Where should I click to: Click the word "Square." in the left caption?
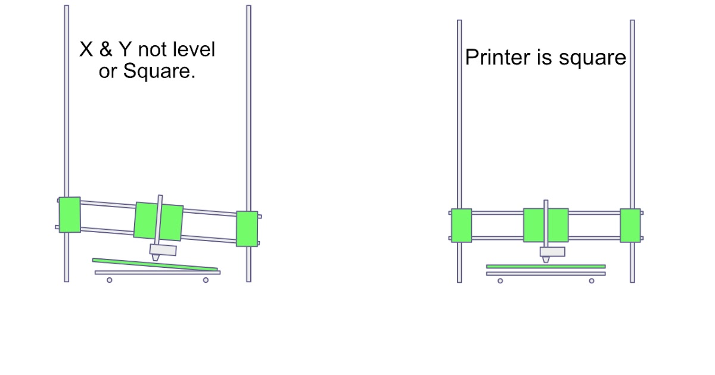(160, 72)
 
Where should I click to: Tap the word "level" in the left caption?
(194, 50)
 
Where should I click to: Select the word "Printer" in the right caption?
(494, 58)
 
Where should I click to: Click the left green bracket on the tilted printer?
(69, 214)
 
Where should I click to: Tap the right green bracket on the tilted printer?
(247, 228)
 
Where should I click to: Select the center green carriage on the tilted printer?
(158, 221)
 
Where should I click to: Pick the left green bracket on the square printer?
(461, 225)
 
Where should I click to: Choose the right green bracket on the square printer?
(630, 225)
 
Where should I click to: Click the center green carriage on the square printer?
(546, 225)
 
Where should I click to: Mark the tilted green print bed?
(155, 264)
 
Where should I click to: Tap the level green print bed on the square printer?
(546, 266)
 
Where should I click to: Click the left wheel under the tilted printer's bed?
(110, 280)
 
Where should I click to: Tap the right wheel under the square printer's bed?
(592, 280)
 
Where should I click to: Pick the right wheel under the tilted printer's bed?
(206, 280)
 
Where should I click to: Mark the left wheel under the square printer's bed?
(500, 280)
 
